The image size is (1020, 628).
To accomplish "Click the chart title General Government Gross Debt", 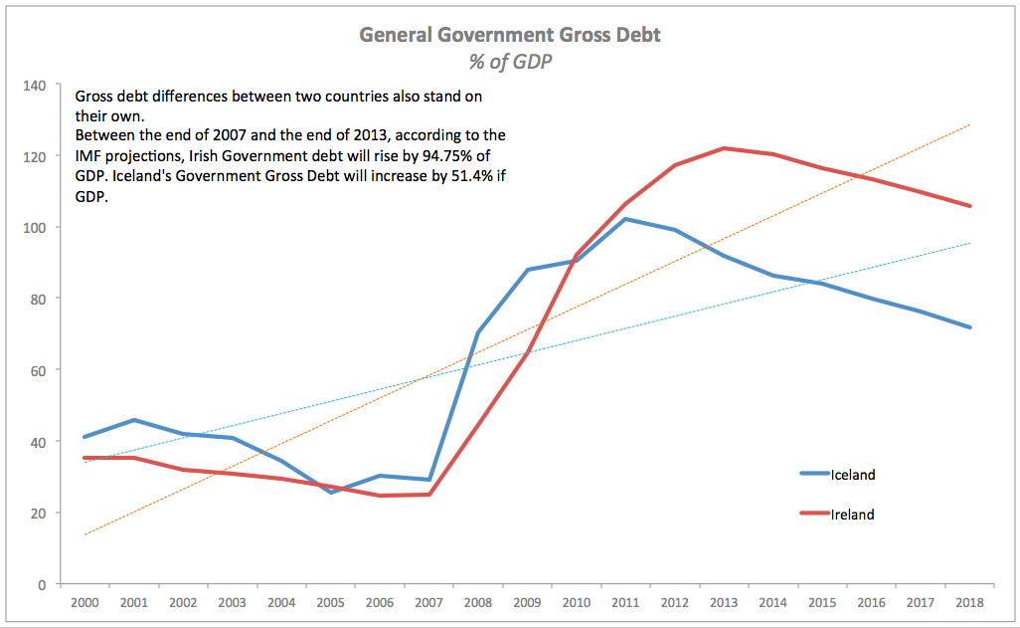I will (509, 36).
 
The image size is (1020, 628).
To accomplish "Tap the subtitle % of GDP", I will (510, 62).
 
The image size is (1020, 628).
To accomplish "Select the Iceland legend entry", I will (852, 475).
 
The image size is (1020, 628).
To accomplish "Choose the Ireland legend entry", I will (852, 515).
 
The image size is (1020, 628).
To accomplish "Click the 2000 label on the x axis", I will (84, 603).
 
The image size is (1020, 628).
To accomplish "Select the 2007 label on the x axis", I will (428, 603).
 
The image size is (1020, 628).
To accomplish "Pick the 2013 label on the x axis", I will (724, 603).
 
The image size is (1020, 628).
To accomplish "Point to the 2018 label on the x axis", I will (969, 603).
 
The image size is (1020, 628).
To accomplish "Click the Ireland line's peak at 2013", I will (724, 148).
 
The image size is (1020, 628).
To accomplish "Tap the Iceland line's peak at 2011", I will (625, 219).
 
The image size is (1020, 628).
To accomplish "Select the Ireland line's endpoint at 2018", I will (969, 206).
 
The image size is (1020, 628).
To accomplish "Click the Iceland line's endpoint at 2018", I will (969, 327).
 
